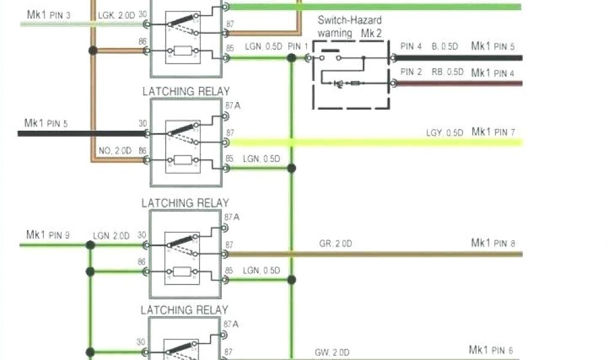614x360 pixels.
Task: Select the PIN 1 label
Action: point(298,46)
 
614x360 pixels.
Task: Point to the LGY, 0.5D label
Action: point(444,133)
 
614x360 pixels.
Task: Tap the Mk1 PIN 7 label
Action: point(493,132)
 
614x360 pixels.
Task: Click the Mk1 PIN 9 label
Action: point(48,235)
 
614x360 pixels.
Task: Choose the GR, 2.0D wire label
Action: point(335,244)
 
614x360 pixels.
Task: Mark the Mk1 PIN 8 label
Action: point(493,243)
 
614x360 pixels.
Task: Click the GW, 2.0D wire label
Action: point(333,352)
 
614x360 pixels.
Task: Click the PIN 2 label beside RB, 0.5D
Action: point(411,72)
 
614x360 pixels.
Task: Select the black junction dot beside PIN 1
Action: point(291,58)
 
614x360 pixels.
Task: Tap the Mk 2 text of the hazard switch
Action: point(371,34)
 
